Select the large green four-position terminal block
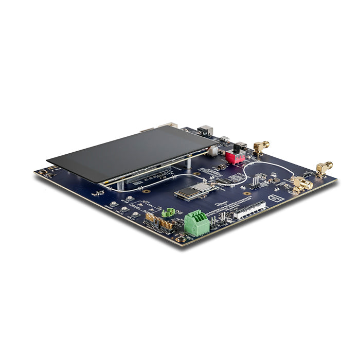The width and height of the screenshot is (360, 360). coord(196,222)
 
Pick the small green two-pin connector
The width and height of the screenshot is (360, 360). coord(168,212)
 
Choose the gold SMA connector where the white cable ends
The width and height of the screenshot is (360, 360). coord(301,184)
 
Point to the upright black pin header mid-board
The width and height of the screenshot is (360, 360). coord(254,182)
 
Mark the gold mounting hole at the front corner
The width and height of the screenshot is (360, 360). coord(180,239)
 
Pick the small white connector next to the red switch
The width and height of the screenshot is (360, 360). coord(213,151)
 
